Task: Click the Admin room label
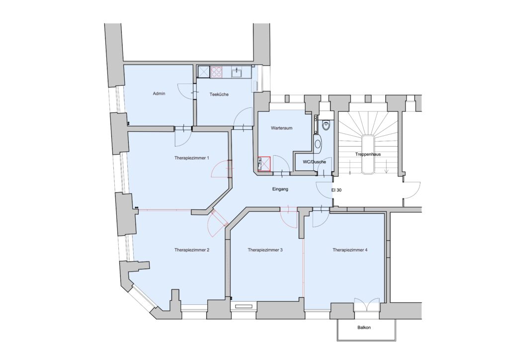point(159,93)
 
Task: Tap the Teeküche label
point(219,94)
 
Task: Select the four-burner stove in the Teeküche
point(217,73)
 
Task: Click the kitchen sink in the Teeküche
point(237,73)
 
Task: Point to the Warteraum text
point(281,128)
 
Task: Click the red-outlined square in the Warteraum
point(264,164)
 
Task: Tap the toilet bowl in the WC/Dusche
point(326,126)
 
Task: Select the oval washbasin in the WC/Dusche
point(319,145)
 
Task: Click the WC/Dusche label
point(311,162)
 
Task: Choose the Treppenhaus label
point(368,155)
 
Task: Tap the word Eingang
point(280,189)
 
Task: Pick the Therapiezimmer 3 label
point(265,250)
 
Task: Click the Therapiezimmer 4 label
point(350,250)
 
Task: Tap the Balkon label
point(364,328)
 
